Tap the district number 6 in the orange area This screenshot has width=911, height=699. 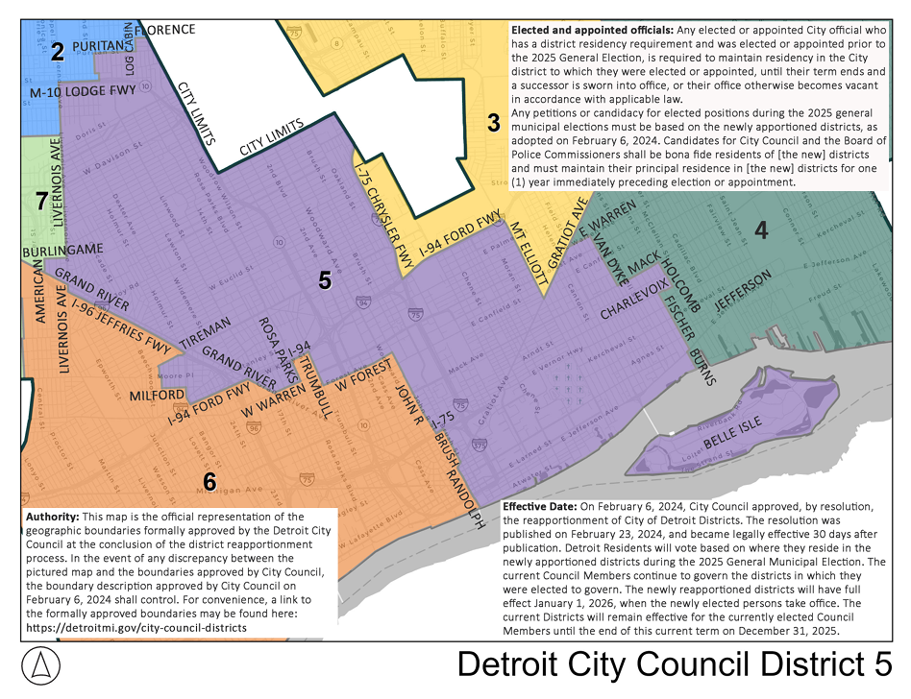[x=209, y=481]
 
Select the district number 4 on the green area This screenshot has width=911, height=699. [x=761, y=230]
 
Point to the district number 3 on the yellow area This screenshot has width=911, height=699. [x=493, y=123]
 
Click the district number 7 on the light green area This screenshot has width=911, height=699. [x=40, y=202]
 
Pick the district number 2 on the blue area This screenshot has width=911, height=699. [x=58, y=53]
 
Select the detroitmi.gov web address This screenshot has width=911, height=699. [x=135, y=627]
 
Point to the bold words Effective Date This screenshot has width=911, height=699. [x=544, y=506]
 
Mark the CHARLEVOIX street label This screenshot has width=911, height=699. [x=634, y=299]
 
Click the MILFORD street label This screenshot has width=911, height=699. [x=158, y=395]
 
